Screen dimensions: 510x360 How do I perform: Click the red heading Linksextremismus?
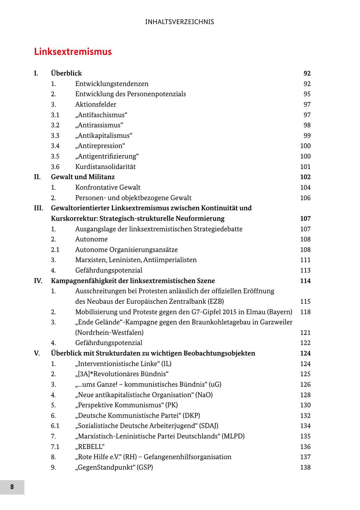tap(73, 52)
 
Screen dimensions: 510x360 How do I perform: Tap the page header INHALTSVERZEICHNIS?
tap(180, 22)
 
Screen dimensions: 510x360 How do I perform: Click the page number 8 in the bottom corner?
tap(12, 487)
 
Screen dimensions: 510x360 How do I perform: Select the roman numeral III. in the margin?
tap(38, 208)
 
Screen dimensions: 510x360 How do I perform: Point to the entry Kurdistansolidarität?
tap(105, 167)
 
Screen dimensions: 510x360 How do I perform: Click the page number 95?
tap(307, 94)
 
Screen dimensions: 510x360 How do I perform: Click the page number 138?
tap(305, 467)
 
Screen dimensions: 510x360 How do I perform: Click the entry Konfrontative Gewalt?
tap(108, 187)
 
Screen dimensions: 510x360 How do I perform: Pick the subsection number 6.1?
tap(55, 426)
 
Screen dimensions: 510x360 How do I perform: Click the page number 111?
tap(305, 260)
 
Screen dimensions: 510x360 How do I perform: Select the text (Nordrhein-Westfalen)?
tap(109, 333)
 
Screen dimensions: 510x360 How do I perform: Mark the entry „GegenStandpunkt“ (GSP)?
tap(114, 467)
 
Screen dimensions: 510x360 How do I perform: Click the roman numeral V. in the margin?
tap(37, 353)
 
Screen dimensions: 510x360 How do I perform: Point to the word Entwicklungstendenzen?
tap(112, 84)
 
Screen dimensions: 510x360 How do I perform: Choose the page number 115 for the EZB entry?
tap(305, 301)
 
